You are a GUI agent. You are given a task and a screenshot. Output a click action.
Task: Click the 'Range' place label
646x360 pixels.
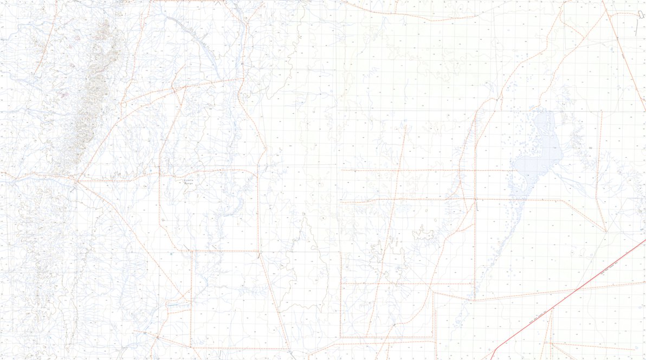click(188, 184)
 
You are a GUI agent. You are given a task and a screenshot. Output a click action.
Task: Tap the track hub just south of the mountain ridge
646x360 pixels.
click(76, 181)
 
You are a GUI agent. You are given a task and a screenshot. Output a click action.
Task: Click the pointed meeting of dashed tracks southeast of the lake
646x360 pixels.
click(606, 232)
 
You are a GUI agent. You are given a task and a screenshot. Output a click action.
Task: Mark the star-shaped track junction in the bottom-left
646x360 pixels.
click(157, 337)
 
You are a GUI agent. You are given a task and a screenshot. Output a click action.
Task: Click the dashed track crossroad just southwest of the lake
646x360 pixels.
click(475, 199)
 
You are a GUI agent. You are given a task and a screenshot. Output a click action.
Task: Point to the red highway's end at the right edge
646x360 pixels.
click(644, 240)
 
